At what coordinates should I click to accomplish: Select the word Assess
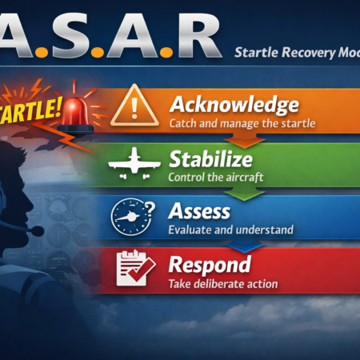tap(199, 212)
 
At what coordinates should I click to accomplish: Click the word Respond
tap(210, 265)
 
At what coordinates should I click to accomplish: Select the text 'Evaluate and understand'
tap(231, 230)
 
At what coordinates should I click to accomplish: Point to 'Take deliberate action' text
tap(223, 283)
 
